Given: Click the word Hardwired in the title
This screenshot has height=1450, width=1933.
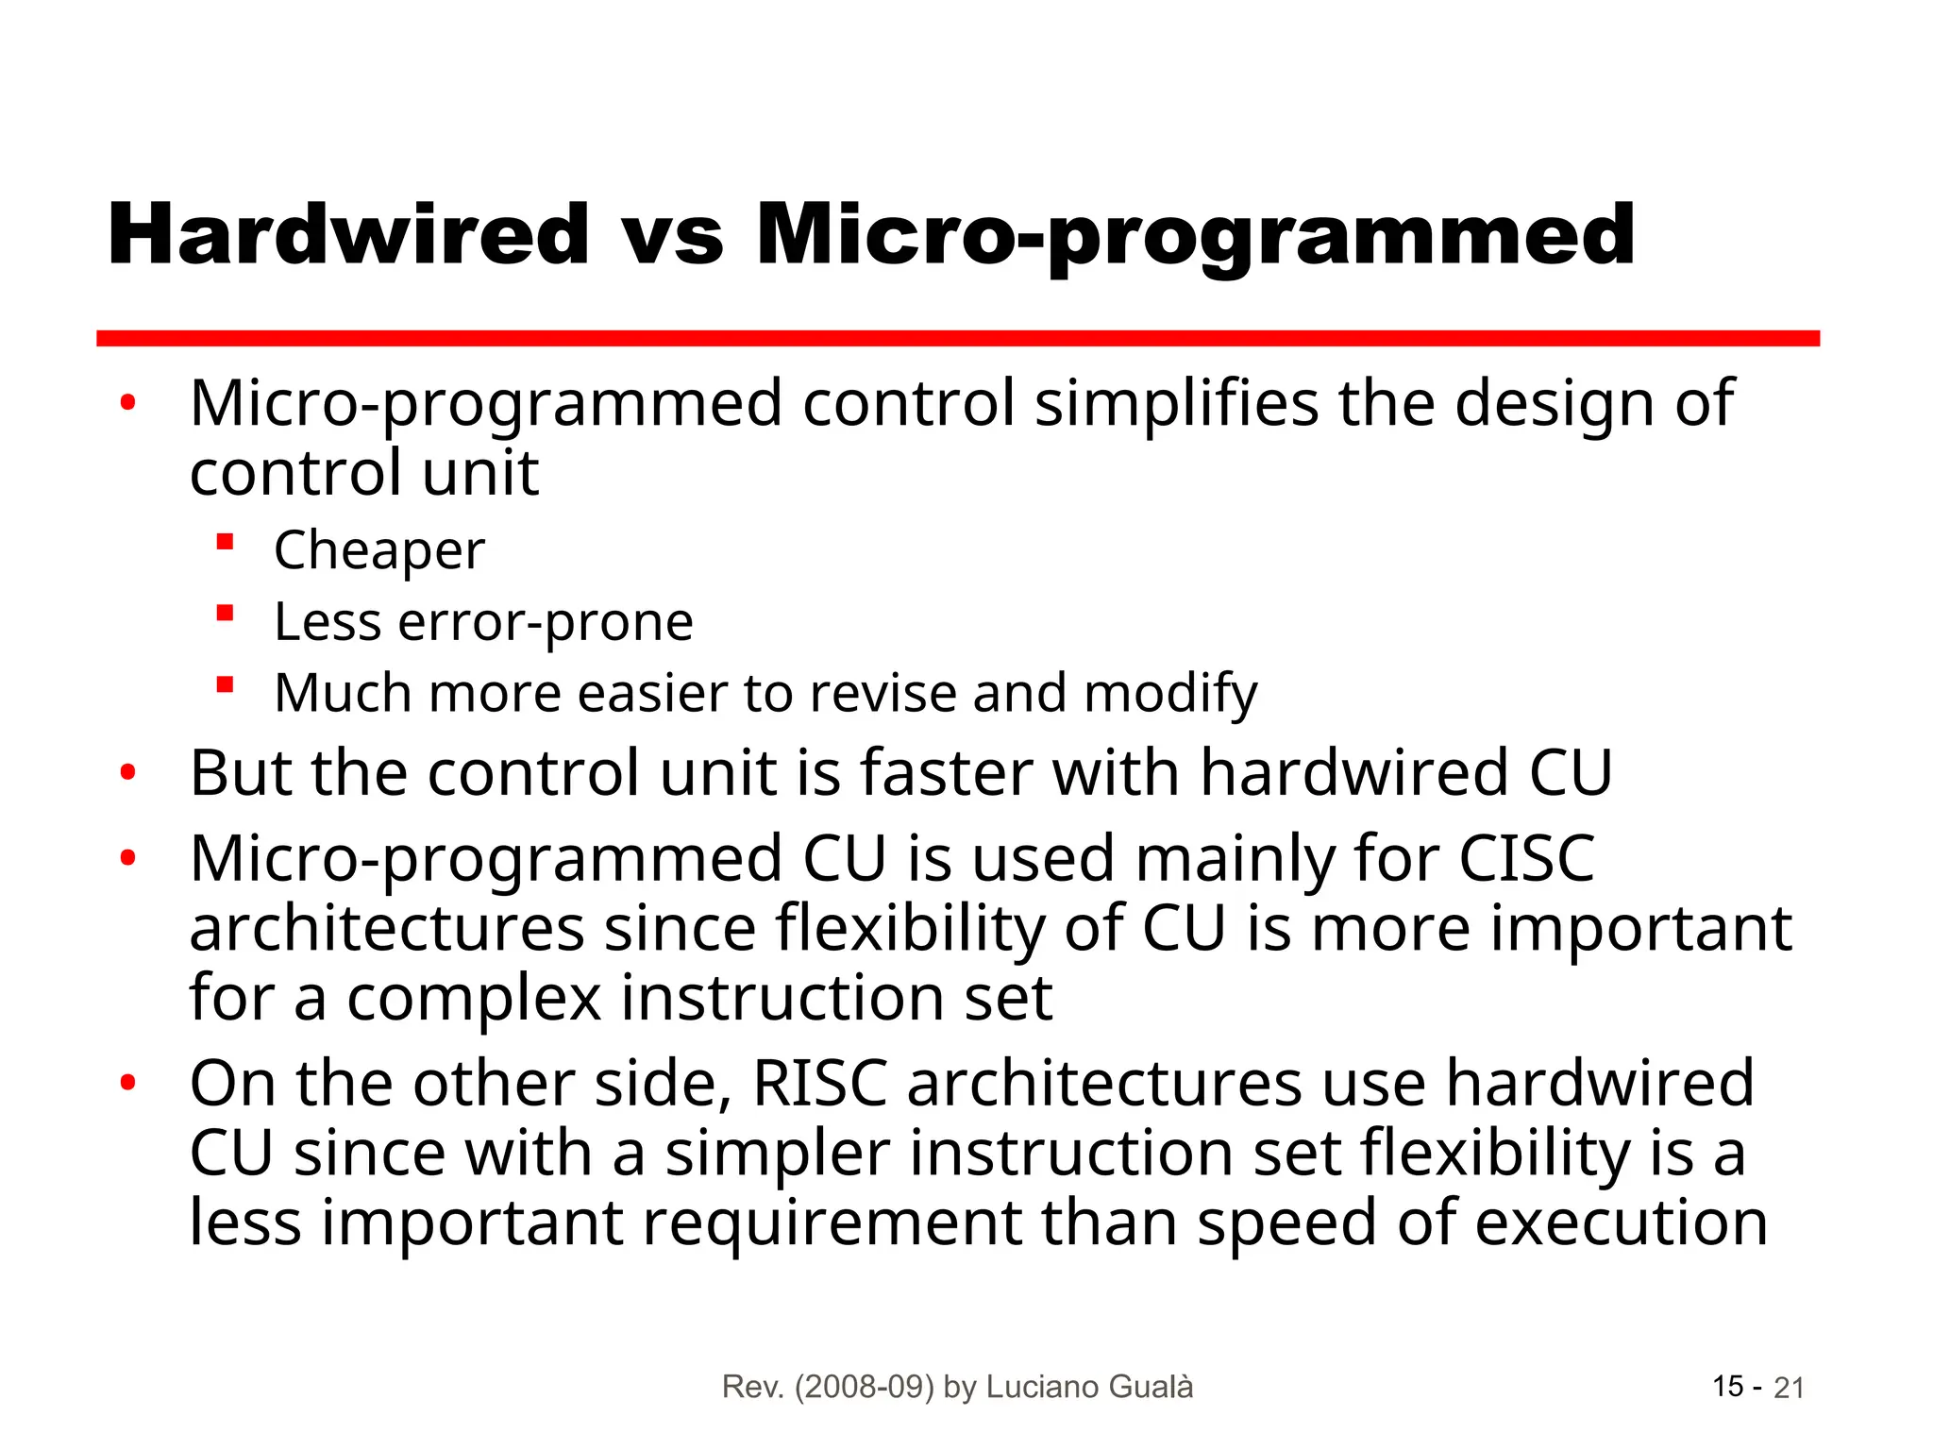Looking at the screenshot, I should pos(348,235).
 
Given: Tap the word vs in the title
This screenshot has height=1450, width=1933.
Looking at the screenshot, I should pos(672,237).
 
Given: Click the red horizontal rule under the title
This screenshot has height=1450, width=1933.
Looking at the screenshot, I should pos(957,338).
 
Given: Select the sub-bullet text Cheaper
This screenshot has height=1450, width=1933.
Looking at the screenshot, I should pos(379,550).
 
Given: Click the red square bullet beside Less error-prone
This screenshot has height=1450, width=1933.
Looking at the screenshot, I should pos(225,615).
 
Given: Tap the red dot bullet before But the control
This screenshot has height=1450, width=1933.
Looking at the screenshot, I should pos(128,773).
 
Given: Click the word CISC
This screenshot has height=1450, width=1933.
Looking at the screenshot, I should pos(1526,859).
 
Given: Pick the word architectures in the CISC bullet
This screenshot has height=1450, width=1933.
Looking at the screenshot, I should pos(387,929).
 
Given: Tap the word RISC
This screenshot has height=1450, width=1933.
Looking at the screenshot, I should pos(819,1084).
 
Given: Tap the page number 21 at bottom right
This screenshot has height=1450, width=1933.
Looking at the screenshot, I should pos(1789,1388).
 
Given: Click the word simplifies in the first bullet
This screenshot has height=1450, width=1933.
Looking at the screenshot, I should pos(1176,404).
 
